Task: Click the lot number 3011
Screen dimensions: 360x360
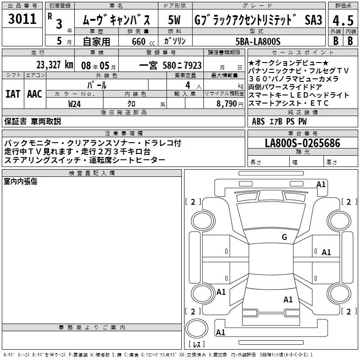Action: point(22,19)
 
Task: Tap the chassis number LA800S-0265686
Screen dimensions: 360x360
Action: point(302,144)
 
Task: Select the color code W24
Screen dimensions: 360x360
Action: point(75,103)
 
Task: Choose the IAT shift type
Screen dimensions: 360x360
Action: point(13,94)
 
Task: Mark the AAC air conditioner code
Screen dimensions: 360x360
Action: point(35,94)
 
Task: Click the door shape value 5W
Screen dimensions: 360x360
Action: point(175,20)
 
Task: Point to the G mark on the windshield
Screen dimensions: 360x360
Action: point(284,237)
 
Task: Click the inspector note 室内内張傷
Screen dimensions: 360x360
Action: point(21,181)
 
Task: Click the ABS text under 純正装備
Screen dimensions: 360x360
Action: point(258,121)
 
